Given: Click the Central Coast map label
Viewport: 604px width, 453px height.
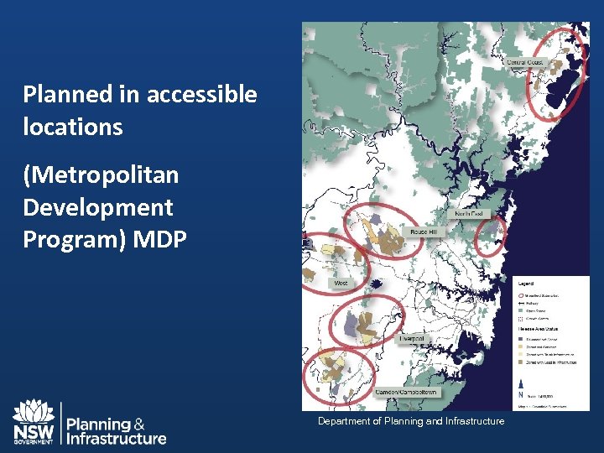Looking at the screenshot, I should click(x=525, y=62).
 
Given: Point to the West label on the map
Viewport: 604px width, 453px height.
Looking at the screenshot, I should click(x=341, y=284).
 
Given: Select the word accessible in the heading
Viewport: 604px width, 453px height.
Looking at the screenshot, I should click(x=201, y=95).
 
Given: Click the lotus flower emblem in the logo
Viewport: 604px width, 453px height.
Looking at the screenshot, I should click(x=34, y=412).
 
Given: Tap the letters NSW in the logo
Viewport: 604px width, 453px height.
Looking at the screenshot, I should click(x=34, y=431).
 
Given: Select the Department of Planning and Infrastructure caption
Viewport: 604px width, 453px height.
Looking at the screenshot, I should click(x=411, y=421).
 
